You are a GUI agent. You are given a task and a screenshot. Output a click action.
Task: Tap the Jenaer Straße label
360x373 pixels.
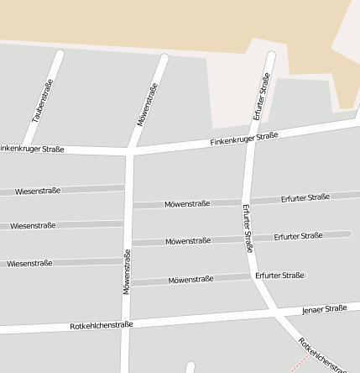tap(325, 309)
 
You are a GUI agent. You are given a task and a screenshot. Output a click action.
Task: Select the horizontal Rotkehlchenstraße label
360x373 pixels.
tap(102, 325)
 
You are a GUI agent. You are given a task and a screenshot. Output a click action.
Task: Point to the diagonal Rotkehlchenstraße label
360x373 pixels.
tap(321, 355)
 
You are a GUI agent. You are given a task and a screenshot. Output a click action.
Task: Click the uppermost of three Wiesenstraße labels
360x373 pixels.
tap(38, 191)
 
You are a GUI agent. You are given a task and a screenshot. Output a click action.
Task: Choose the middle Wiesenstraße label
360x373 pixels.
tap(33, 225)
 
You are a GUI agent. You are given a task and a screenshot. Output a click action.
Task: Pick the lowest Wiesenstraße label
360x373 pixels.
tap(30, 263)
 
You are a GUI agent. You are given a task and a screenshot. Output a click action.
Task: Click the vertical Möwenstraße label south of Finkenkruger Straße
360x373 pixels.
tap(128, 271)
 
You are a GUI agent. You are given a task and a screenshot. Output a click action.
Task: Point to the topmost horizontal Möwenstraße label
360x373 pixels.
tap(187, 203)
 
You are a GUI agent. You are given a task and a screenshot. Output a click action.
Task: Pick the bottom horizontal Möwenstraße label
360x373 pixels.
tap(190, 279)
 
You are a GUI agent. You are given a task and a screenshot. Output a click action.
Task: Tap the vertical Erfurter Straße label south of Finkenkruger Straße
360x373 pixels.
tap(248, 229)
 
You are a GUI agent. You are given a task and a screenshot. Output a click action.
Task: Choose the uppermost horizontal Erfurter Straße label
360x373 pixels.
tap(305, 197)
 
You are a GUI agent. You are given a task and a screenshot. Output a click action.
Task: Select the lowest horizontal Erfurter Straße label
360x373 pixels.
tap(279, 275)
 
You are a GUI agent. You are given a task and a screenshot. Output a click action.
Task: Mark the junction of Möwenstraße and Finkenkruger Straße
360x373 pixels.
tap(130, 152)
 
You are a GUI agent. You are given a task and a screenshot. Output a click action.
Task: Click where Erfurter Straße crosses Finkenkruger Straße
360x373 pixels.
tap(250, 136)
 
